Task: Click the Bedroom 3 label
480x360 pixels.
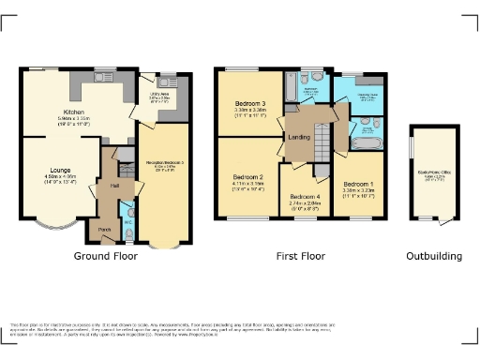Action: click(250, 102)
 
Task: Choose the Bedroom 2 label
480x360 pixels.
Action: click(247, 176)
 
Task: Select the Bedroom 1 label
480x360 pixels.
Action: click(357, 184)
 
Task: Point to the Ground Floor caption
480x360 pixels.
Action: click(105, 256)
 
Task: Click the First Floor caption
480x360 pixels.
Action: click(301, 256)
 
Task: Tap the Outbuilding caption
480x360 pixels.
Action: click(433, 256)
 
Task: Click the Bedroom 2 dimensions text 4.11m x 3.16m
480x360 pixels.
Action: click(247, 185)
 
